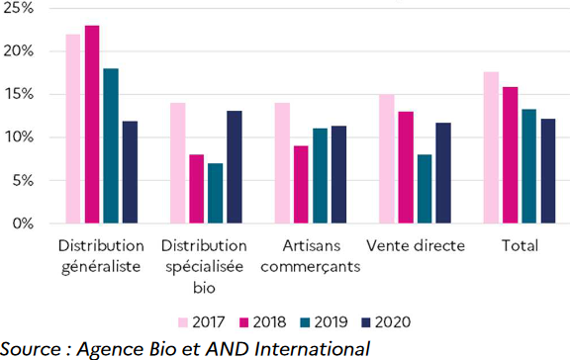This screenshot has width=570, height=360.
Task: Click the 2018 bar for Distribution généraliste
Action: [x=92, y=125]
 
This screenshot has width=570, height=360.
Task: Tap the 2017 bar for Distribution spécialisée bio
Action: [x=178, y=163]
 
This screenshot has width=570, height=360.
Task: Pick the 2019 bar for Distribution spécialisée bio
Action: [x=216, y=193]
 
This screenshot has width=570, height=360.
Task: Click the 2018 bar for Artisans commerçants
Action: [x=301, y=185]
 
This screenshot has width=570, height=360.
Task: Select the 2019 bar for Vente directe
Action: [x=424, y=189]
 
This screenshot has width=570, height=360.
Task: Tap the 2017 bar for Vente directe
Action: [x=386, y=159]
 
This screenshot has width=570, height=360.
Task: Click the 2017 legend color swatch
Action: [x=183, y=321]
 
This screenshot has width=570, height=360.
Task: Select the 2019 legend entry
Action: [x=321, y=321]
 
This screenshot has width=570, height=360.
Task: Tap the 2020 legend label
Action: [x=394, y=321]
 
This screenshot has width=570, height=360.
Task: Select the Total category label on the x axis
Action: [x=519, y=245]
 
